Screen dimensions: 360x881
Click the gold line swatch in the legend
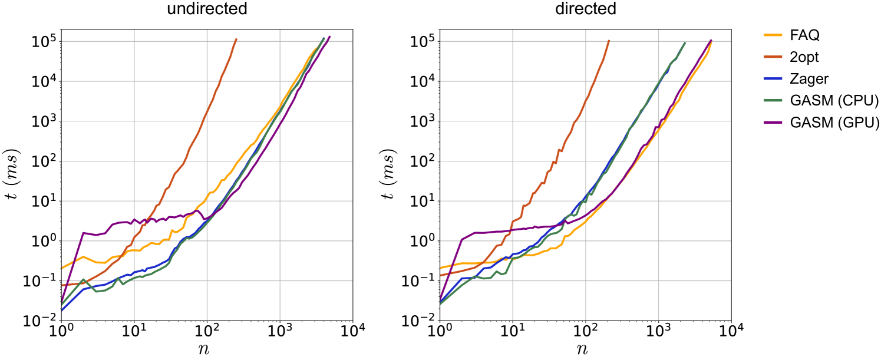tap(773, 35)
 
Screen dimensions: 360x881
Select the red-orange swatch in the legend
tap(773, 57)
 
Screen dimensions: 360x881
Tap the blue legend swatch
tap(773, 79)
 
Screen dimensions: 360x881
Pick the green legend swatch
tap(773, 101)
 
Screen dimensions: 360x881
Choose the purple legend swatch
tap(773, 123)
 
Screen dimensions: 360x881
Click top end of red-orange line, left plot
tap(236, 39)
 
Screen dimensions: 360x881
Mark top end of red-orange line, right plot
tap(609, 41)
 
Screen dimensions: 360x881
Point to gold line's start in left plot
tap(62, 268)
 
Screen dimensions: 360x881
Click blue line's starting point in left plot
tap(62, 310)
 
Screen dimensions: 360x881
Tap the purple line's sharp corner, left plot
tap(83, 233)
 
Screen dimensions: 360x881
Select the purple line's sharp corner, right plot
tap(461, 239)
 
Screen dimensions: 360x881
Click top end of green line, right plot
tap(685, 42)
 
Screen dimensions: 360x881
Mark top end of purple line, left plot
tap(330, 36)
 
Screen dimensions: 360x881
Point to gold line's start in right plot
tap(441, 268)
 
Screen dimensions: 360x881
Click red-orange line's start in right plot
tap(441, 275)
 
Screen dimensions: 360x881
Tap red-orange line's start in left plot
tap(62, 285)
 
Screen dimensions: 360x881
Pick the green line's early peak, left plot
tap(84, 279)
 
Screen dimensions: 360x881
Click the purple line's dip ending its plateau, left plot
tap(205, 219)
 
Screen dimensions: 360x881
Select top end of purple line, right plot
tap(711, 41)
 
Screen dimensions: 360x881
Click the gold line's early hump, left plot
tap(84, 257)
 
